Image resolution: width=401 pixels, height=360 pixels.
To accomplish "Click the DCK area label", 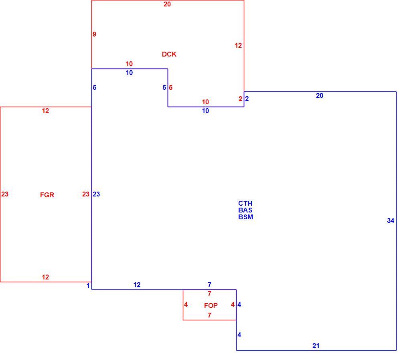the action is tap(169, 54).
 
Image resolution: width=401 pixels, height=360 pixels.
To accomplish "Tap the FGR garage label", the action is tap(47, 195).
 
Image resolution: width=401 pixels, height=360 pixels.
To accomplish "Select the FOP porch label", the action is tap(211, 305).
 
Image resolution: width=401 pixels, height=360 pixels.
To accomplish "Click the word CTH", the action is tap(245, 203).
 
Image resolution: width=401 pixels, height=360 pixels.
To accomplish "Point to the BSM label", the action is tap(246, 217).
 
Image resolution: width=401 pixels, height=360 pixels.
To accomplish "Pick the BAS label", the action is tap(245, 210).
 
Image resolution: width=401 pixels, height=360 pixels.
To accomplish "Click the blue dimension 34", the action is tap(391, 220).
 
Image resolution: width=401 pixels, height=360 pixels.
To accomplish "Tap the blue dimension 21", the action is tap(316, 346).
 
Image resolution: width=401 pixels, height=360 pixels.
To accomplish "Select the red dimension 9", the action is tap(94, 34).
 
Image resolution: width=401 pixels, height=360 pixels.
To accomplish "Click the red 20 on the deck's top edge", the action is tap(167, 4).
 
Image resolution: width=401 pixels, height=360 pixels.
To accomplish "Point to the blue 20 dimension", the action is tap(320, 96).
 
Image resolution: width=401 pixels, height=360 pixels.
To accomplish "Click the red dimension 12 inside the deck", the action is tap(238, 46).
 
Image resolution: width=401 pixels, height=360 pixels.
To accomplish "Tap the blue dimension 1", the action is tap(88, 285).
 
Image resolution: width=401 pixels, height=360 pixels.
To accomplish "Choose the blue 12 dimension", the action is tap(137, 285).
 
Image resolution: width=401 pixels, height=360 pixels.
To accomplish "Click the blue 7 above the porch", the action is tap(209, 285).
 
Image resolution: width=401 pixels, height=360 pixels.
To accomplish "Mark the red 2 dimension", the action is tap(240, 99).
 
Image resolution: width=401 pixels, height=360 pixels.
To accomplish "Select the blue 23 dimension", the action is tap(96, 194).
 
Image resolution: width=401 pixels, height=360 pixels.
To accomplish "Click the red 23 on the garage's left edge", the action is tap(4, 194).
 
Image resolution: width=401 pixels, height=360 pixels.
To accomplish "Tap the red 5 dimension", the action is tap(170, 87).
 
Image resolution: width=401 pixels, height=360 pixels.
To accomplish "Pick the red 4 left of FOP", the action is tap(186, 305).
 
